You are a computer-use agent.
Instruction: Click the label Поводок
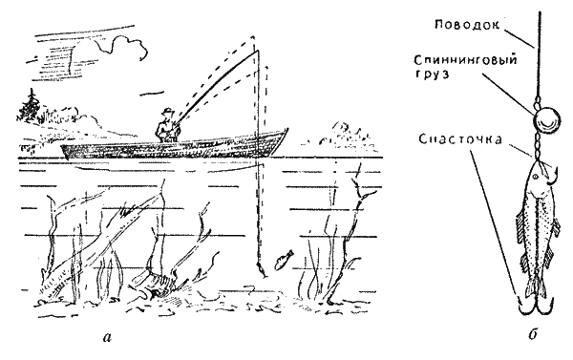(467, 25)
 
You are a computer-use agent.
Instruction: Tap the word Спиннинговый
(466, 60)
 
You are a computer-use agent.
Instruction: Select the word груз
(432, 74)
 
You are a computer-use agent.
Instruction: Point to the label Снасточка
(460, 138)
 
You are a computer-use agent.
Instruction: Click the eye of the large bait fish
(535, 177)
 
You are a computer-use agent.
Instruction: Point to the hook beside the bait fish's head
(552, 175)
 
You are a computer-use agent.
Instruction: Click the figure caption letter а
(106, 337)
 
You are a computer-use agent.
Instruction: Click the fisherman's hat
(168, 110)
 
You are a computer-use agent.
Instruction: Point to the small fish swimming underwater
(284, 260)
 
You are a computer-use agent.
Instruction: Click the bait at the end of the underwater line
(262, 269)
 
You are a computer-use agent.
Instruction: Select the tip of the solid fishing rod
(258, 51)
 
